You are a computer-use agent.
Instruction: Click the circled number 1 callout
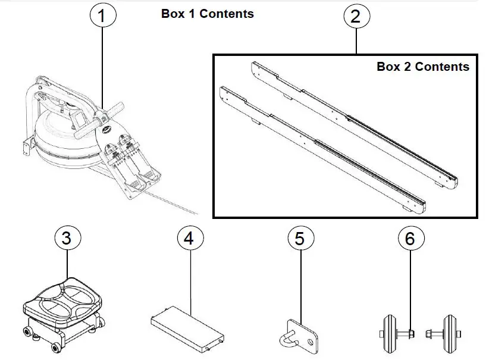click(102, 16)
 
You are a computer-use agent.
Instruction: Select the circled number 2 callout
click(355, 16)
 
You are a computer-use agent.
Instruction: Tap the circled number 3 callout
click(67, 239)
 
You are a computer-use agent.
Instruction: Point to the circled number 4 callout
click(189, 239)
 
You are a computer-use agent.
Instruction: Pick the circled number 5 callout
click(300, 239)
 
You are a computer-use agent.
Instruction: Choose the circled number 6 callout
click(410, 239)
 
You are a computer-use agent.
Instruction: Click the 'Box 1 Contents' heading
click(207, 13)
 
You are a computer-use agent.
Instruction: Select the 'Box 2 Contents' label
click(422, 67)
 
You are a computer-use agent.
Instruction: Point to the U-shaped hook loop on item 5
click(285, 339)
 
